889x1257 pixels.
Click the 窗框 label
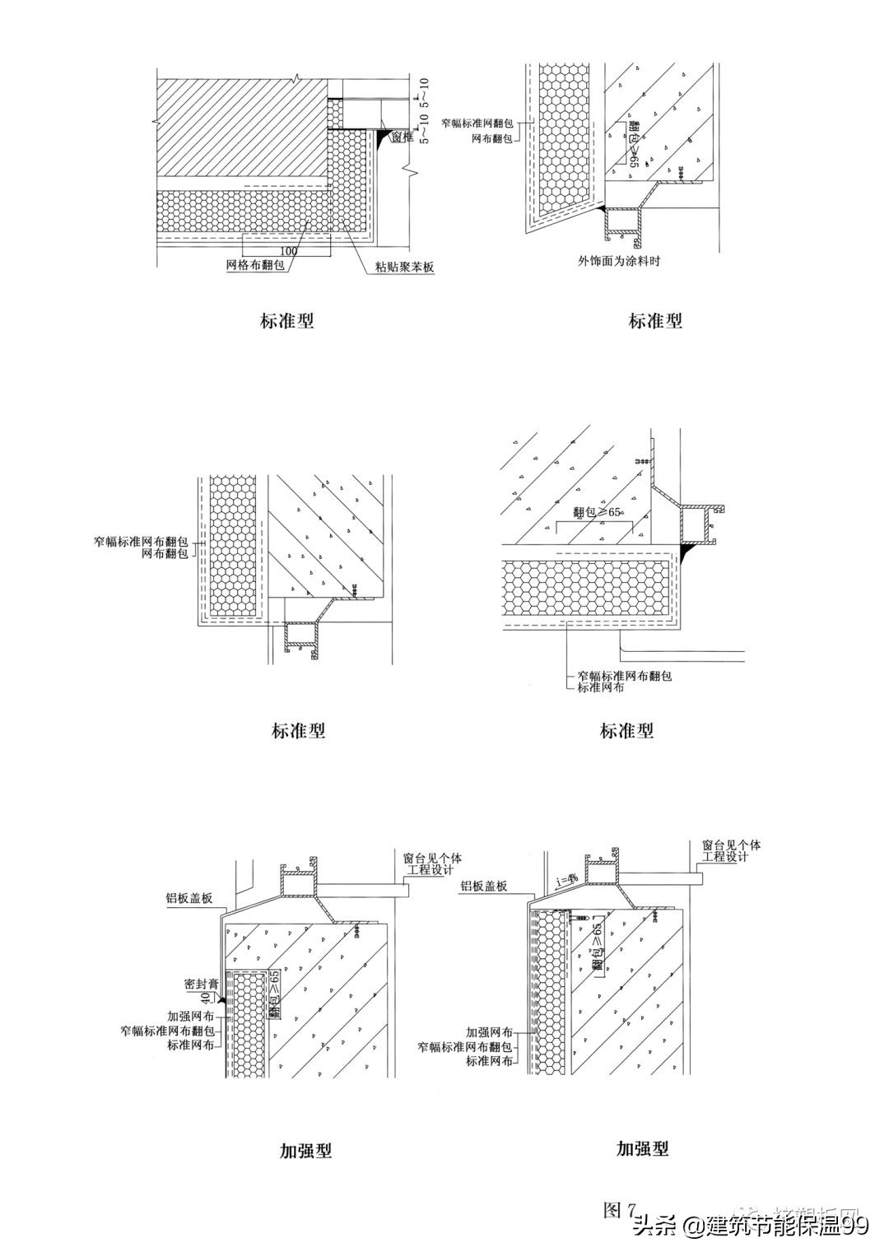pos(401,138)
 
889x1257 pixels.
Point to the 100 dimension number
pos(288,250)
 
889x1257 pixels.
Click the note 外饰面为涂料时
pos(620,262)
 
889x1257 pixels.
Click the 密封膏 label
pos(200,984)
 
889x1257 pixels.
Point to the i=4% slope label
pos(566,882)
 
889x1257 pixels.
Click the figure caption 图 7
pos(620,1209)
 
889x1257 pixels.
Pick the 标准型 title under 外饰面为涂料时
pos(655,321)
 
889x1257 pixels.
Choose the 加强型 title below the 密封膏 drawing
pos(305,1150)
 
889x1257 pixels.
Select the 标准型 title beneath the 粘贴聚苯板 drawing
pos(287,321)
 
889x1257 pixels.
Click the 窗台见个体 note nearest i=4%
pos(732,845)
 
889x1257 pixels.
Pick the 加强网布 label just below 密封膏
pos(191,1017)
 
